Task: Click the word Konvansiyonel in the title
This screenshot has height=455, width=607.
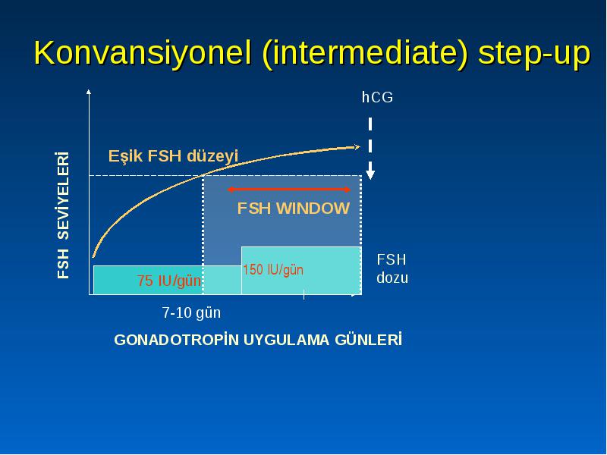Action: [143, 52]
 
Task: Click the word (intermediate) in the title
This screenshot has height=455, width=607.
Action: [365, 54]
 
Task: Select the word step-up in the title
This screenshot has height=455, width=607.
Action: [534, 54]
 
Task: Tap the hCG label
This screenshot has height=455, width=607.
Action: [377, 97]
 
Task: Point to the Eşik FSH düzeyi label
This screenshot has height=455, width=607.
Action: [173, 156]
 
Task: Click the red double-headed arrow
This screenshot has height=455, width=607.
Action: [289, 190]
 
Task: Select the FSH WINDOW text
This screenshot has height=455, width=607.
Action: [294, 209]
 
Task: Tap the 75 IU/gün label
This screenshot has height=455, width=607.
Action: [169, 281]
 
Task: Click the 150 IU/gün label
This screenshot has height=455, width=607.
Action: [273, 270]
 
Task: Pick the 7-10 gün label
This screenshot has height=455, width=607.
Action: [191, 312]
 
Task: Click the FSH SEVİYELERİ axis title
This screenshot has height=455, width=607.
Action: [63, 215]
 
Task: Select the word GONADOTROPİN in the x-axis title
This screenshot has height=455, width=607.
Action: [177, 340]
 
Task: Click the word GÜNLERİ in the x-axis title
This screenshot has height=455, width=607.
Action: [368, 340]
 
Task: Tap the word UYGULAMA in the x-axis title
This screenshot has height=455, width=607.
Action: [287, 340]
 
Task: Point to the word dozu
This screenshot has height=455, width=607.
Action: [392, 278]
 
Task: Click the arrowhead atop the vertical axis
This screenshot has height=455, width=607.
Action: [89, 92]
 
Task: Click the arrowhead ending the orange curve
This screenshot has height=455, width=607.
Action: [357, 146]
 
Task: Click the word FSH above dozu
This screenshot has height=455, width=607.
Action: [392, 259]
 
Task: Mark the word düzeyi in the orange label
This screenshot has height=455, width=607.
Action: [212, 156]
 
